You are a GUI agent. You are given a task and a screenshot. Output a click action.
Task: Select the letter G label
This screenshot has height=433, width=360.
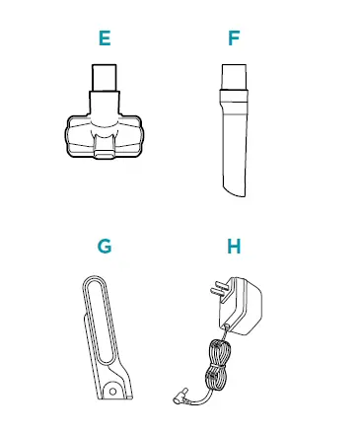click(x=105, y=246)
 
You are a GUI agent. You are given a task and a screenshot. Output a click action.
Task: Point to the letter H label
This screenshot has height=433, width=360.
click(x=234, y=246)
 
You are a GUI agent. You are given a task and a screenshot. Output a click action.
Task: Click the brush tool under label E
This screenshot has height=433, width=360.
click(x=104, y=118)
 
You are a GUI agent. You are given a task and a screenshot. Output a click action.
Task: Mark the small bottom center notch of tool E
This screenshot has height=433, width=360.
click(x=104, y=153)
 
